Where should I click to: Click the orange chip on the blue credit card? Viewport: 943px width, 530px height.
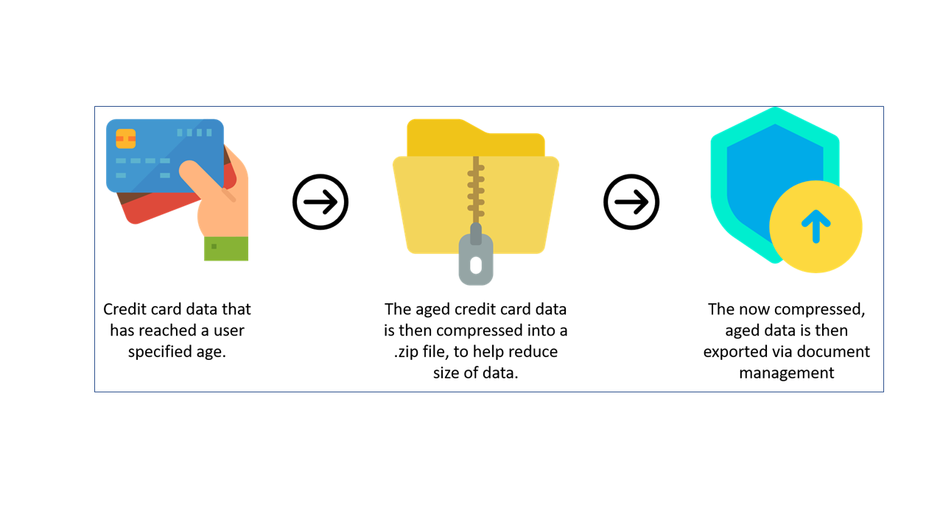point(125,139)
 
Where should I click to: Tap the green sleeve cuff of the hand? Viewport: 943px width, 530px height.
point(226,249)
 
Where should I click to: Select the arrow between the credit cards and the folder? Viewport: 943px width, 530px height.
point(320,202)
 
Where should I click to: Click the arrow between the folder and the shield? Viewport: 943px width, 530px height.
point(631,202)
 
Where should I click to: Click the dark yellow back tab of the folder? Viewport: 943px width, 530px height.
point(476,138)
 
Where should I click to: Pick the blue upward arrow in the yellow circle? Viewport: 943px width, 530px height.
point(816,226)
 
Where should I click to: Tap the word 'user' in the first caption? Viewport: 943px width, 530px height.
point(228,331)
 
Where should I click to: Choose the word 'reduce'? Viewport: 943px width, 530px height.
point(533,352)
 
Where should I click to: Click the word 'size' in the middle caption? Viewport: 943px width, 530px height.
point(446,372)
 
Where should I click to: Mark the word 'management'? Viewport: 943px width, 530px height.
point(786,373)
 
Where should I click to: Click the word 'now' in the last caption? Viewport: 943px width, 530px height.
point(754,310)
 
